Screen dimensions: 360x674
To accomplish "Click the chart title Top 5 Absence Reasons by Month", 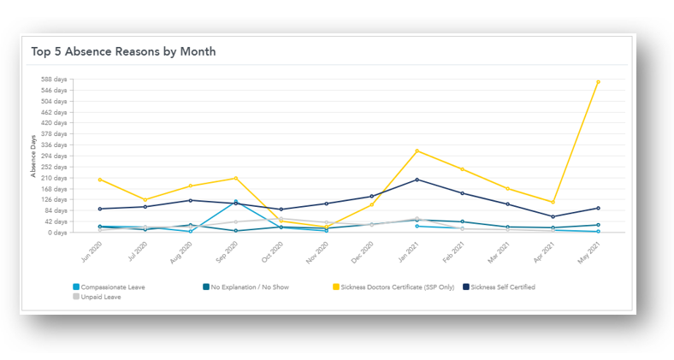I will [123, 51].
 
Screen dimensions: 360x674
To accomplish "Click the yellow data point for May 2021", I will [598, 81].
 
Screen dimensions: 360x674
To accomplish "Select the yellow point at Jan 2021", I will [417, 150].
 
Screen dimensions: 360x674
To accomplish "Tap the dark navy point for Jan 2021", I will [417, 180].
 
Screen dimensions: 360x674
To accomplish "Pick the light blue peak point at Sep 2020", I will [235, 202].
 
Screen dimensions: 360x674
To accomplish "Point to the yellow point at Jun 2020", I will [100, 180].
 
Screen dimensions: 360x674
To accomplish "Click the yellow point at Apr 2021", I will [553, 203].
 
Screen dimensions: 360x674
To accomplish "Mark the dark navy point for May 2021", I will [598, 208].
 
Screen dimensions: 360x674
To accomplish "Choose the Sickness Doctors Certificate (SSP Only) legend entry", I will [398, 287].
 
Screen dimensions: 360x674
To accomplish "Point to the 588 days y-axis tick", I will [54, 80].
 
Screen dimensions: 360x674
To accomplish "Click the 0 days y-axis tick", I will [57, 233].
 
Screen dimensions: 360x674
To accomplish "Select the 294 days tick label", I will [54, 156].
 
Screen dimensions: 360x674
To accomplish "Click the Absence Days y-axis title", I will [33, 156].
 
